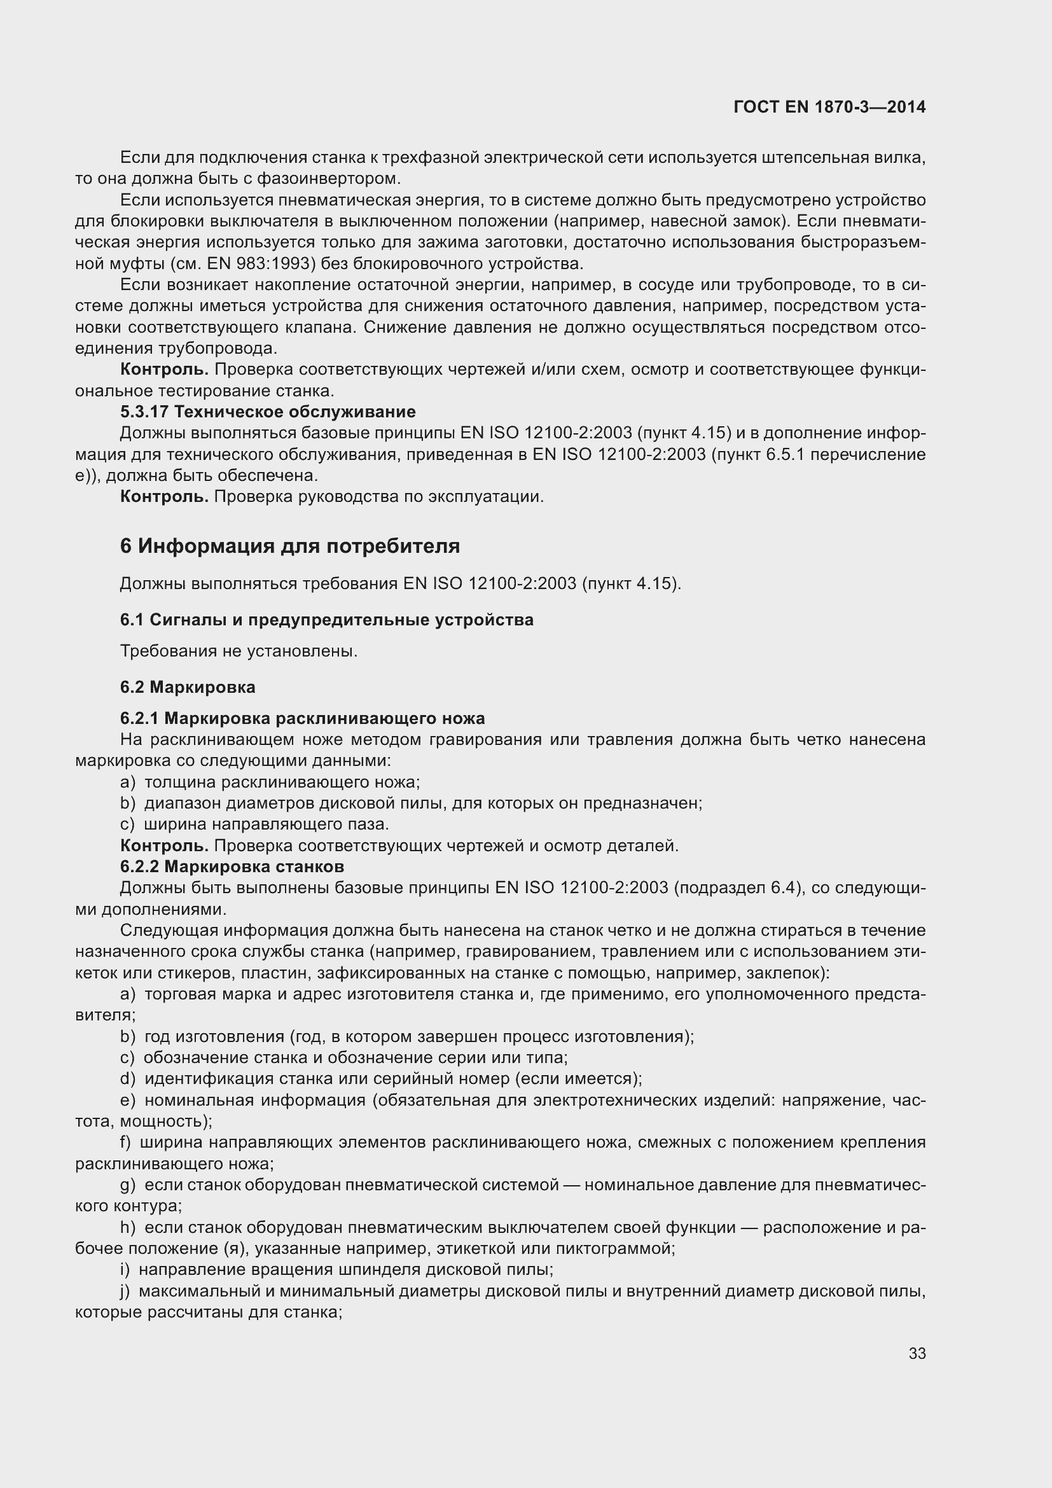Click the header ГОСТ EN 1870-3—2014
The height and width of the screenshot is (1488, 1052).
pos(829,107)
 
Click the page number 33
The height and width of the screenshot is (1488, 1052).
pos(917,1353)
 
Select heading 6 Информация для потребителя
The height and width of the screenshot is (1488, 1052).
pos(289,546)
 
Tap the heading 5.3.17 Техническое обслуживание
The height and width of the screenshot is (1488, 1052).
pos(268,412)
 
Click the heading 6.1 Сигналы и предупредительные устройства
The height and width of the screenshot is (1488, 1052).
pos(326,620)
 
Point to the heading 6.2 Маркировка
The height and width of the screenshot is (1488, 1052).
pos(187,687)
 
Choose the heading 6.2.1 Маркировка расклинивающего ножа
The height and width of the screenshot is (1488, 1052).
pos(302,718)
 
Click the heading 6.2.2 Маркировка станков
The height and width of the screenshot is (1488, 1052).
pos(232,866)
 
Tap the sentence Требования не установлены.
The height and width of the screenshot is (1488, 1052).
pos(239,651)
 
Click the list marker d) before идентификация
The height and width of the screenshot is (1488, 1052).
pos(128,1078)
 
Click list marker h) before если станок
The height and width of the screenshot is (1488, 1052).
pos(128,1227)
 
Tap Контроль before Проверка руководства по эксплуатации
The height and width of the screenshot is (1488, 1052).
pos(164,496)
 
